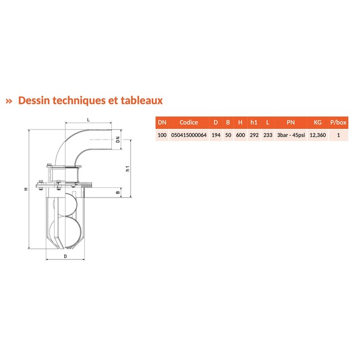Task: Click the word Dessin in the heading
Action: (x=34, y=101)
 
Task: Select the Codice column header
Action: (x=189, y=123)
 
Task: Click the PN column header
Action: (x=291, y=123)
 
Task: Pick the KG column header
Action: (x=318, y=123)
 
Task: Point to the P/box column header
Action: (x=338, y=123)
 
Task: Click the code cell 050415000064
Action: (x=189, y=135)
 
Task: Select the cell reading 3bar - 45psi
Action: (x=291, y=135)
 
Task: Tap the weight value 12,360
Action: (x=318, y=135)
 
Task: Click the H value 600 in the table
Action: (x=240, y=135)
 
